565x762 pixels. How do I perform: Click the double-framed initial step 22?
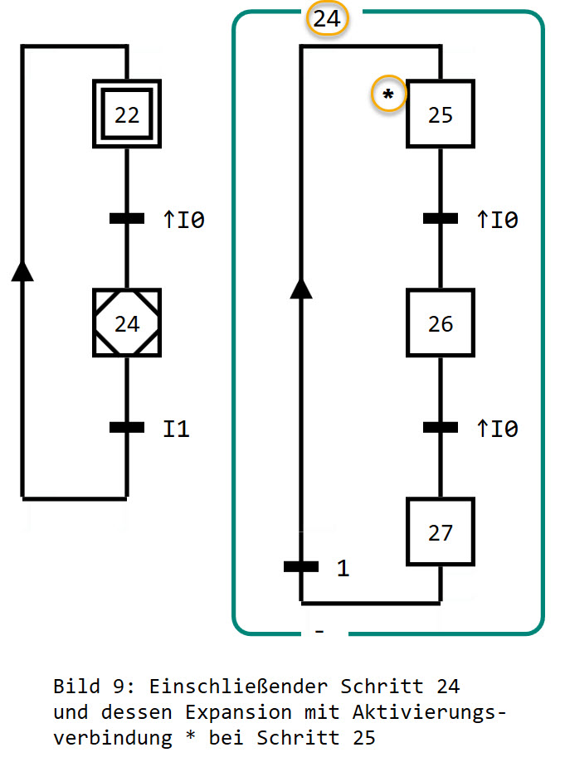coord(127,114)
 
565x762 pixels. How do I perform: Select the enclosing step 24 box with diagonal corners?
coord(127,323)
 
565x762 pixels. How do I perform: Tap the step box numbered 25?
coord(440,114)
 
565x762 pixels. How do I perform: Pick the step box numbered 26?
coord(440,323)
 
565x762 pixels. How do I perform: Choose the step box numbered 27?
coord(440,531)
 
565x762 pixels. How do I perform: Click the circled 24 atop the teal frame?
coord(327,18)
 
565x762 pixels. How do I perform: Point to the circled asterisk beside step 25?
coord(388,96)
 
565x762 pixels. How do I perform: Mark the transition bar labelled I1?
coord(127,428)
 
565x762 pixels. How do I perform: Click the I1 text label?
coord(176,429)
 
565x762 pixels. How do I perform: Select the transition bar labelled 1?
coord(300,567)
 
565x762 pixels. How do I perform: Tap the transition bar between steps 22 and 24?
coord(127,219)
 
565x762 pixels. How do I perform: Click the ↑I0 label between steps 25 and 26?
coord(497,220)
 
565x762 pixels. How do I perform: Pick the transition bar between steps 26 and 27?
coord(440,428)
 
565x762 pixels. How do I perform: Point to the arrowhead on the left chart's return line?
coord(23,270)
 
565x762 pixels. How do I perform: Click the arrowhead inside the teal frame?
coord(300,287)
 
